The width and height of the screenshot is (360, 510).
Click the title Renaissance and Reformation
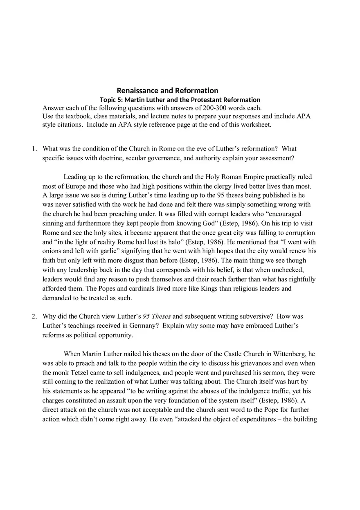tap(167, 90)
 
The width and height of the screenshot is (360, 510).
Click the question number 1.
tap(34, 149)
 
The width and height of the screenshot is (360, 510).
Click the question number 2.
tap(34, 317)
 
